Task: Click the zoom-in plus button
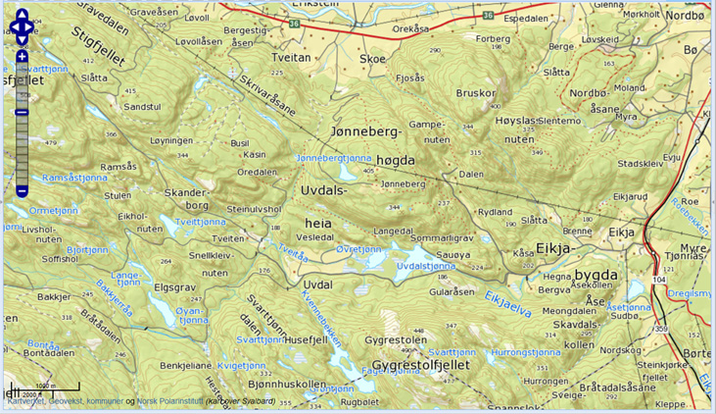[x=22, y=58]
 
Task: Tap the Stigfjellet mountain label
[x=98, y=46]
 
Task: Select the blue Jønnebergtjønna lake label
[x=333, y=158]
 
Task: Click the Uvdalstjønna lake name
[x=427, y=265]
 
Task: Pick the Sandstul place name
[x=141, y=106]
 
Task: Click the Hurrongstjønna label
[x=526, y=350]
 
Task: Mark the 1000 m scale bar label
[x=44, y=386]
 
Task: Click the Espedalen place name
[x=526, y=18]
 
